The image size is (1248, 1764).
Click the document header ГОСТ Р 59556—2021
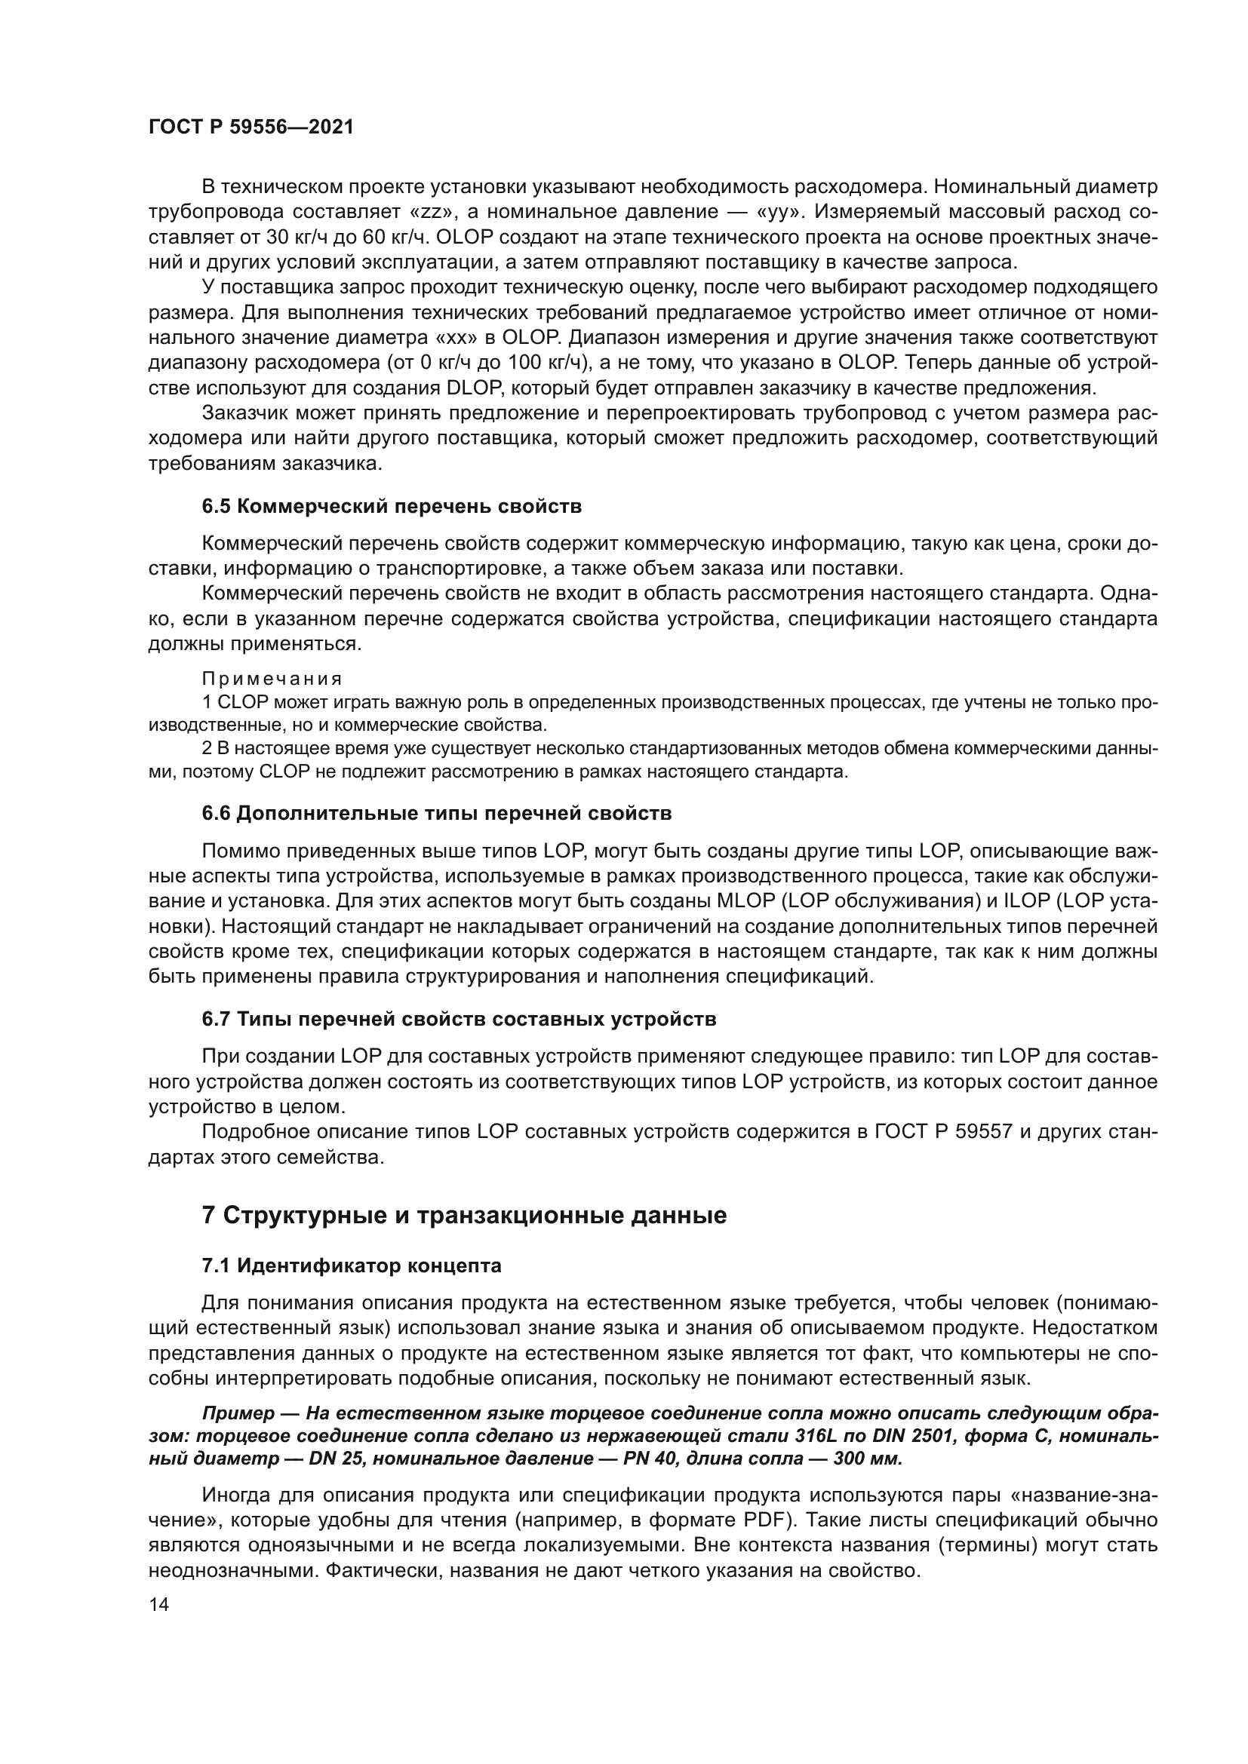pyautogui.click(x=251, y=127)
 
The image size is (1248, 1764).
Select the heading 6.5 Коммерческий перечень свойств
pyautogui.click(x=391, y=506)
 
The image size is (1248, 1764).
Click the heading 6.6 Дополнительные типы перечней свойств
pyautogui.click(x=436, y=813)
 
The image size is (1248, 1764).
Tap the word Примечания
pyautogui.click(x=272, y=680)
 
